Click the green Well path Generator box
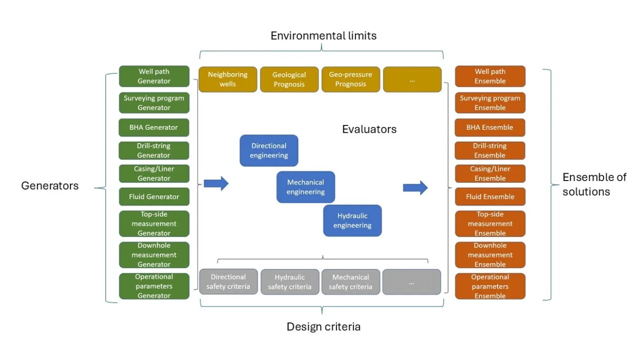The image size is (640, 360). (x=154, y=76)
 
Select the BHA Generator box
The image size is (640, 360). (x=154, y=128)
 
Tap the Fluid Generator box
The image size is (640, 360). (x=154, y=196)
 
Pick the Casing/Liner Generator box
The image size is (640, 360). (x=154, y=173)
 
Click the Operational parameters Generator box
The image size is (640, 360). (x=154, y=286)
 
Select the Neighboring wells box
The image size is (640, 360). (x=227, y=79)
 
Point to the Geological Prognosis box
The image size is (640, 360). (x=289, y=79)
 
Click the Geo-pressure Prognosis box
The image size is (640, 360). (x=350, y=79)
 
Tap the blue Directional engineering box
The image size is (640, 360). (x=269, y=151)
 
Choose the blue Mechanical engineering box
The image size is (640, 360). (x=306, y=187)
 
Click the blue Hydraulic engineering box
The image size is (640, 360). (x=352, y=221)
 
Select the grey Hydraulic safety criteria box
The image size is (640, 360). (x=290, y=282)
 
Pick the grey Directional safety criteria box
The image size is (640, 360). (x=228, y=282)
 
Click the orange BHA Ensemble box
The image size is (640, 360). (x=490, y=128)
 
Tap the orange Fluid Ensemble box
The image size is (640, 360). (x=490, y=196)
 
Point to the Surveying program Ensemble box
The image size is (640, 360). (x=490, y=103)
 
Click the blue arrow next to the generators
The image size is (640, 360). (x=216, y=184)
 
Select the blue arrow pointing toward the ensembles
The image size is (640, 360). (x=415, y=188)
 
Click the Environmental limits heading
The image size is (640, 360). (x=324, y=36)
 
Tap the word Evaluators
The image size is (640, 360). (x=369, y=130)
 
